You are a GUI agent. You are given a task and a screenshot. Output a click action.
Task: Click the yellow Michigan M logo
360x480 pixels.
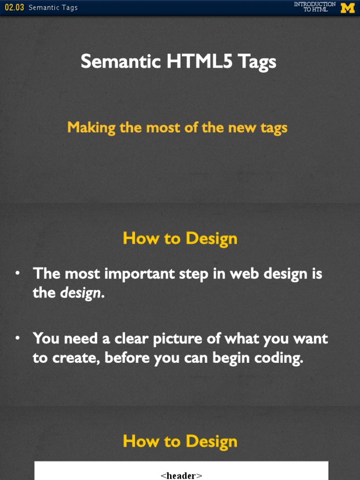347,7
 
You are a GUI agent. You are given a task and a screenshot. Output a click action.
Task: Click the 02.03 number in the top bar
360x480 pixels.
14,7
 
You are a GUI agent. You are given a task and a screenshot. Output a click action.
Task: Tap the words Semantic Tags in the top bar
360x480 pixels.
53,7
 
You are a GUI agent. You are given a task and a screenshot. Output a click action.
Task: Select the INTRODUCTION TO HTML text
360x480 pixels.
315,7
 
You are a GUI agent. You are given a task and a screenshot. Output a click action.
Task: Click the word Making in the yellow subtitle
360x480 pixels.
91,127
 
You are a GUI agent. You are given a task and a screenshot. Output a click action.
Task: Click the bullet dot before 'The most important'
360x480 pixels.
17,273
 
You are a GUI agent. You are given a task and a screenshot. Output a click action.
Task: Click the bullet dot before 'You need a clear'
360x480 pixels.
17,338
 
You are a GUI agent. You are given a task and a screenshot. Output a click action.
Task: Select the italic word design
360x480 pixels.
80,293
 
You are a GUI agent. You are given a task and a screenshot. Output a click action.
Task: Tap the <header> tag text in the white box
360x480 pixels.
181,475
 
